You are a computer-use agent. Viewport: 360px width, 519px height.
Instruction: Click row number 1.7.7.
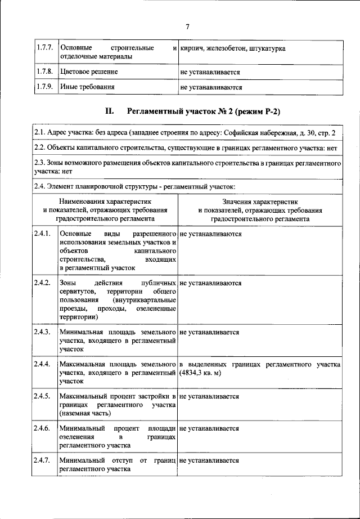pyautogui.click(x=44, y=48)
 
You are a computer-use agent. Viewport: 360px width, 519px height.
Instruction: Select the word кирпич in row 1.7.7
pyautogui.click(x=192, y=48)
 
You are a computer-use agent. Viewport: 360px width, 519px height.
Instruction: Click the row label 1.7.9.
pyautogui.click(x=44, y=87)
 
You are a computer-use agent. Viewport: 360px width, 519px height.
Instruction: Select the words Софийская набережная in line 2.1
pyautogui.click(x=257, y=133)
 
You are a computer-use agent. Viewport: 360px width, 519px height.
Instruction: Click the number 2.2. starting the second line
pyautogui.click(x=40, y=147)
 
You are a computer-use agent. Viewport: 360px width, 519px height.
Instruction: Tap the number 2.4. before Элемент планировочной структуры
pyautogui.click(x=40, y=186)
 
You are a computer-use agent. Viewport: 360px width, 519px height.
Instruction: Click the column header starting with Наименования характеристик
pyautogui.click(x=105, y=209)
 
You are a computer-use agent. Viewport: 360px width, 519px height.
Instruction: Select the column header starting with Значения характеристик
pyautogui.click(x=259, y=209)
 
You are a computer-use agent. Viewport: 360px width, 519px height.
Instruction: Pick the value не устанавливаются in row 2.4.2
pyautogui.click(x=210, y=283)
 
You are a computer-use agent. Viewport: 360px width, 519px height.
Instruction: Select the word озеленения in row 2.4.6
pyautogui.click(x=76, y=436)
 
